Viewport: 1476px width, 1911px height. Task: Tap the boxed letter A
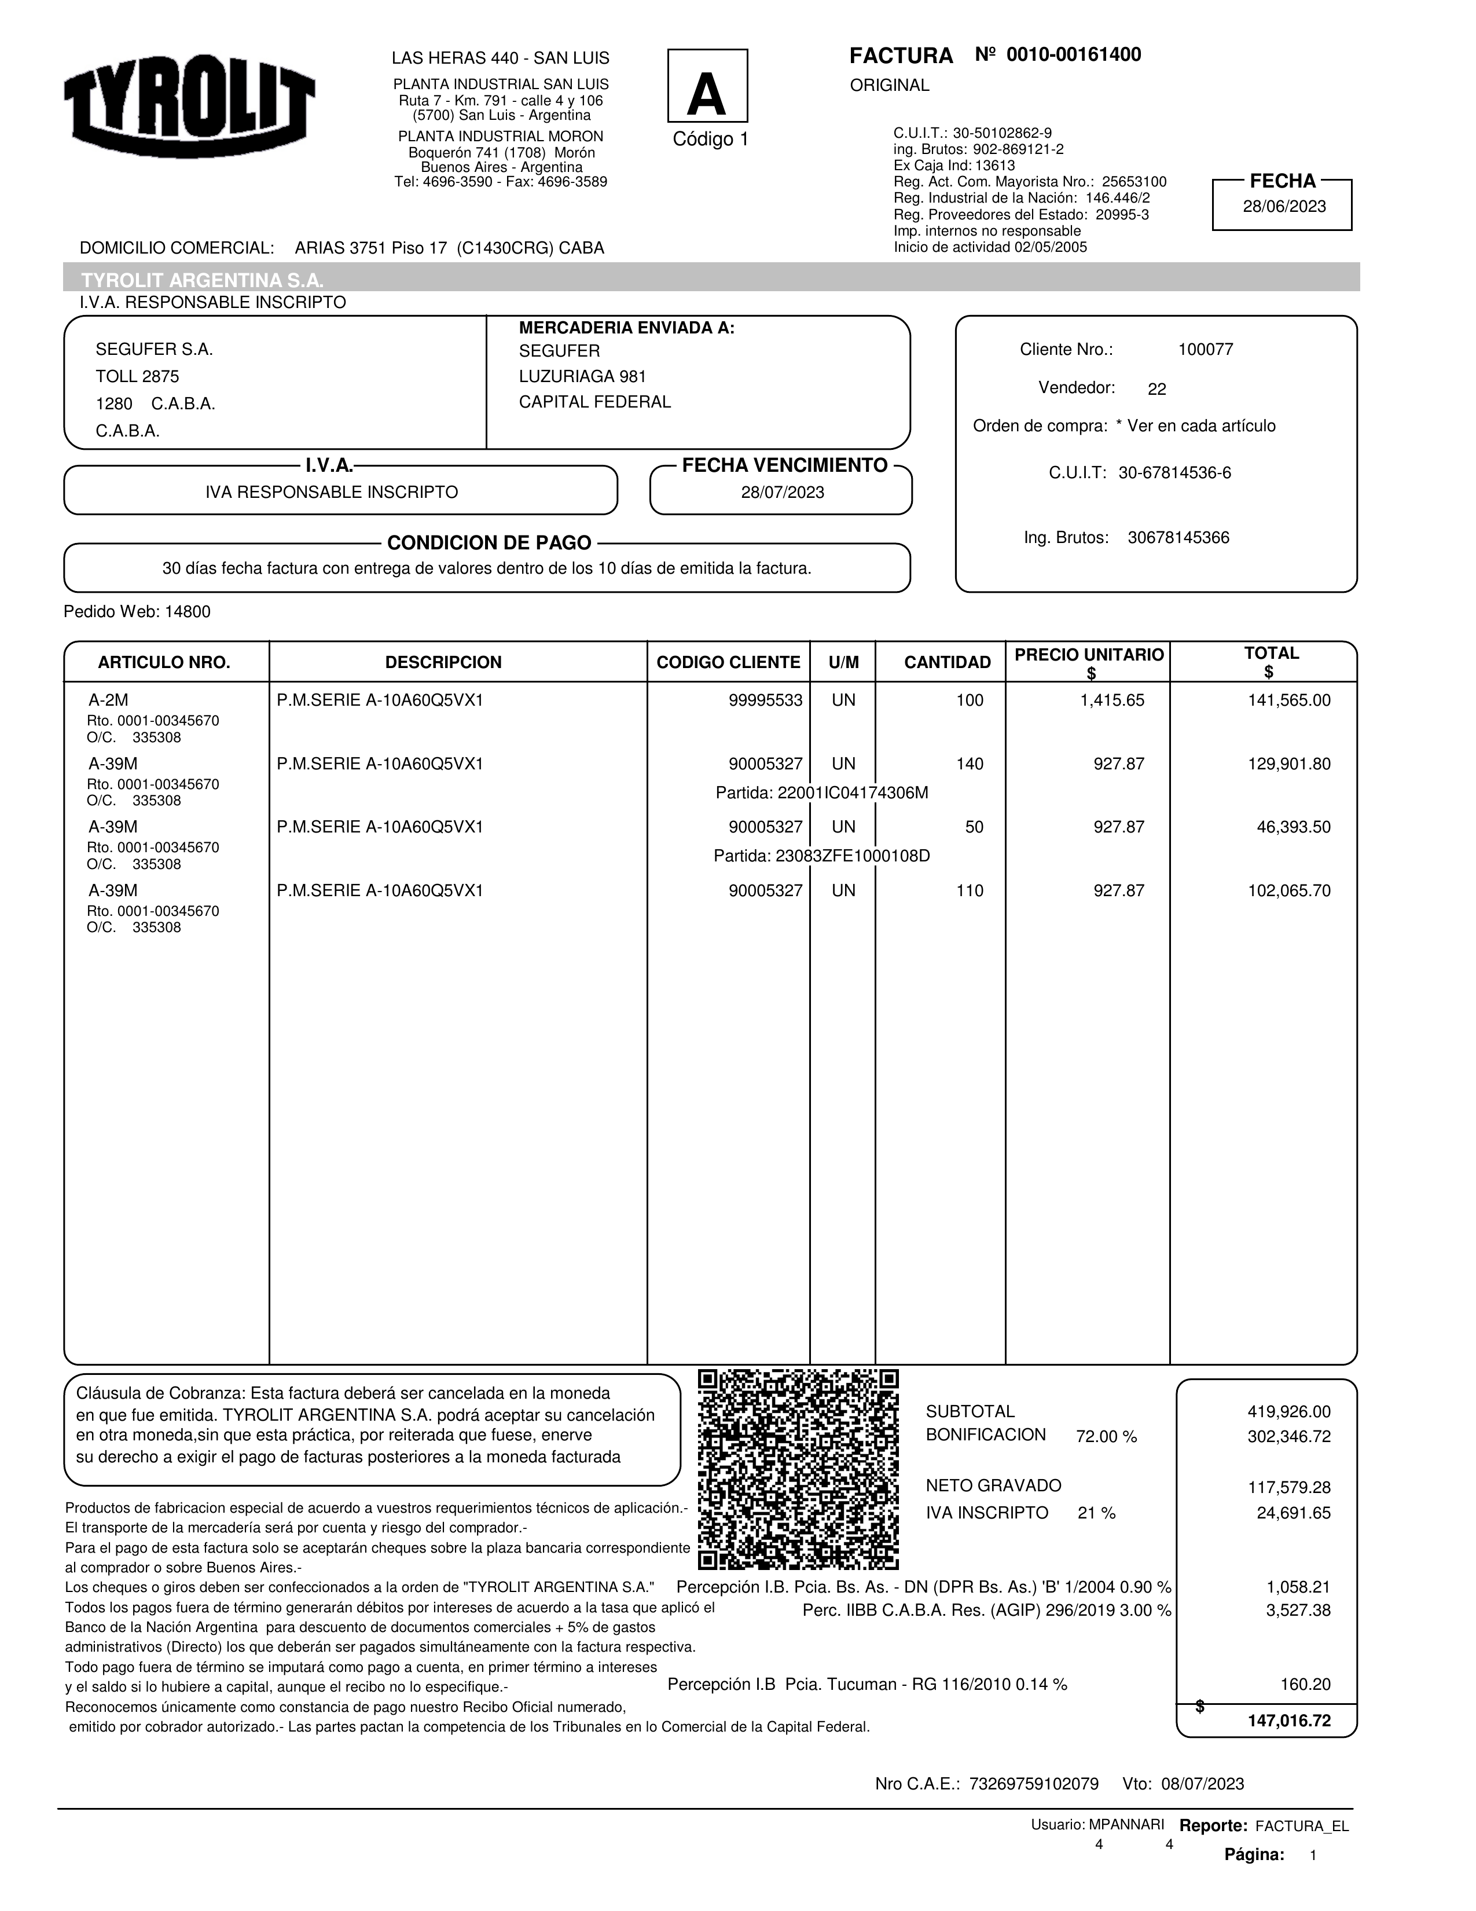[x=707, y=87]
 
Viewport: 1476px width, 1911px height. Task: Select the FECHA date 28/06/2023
[x=1283, y=207]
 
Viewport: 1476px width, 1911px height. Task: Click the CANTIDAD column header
[x=947, y=662]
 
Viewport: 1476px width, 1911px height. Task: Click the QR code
[x=798, y=1469]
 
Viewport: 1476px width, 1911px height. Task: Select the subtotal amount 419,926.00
[x=1288, y=1411]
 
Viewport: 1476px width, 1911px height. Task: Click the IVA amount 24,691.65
[x=1293, y=1513]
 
